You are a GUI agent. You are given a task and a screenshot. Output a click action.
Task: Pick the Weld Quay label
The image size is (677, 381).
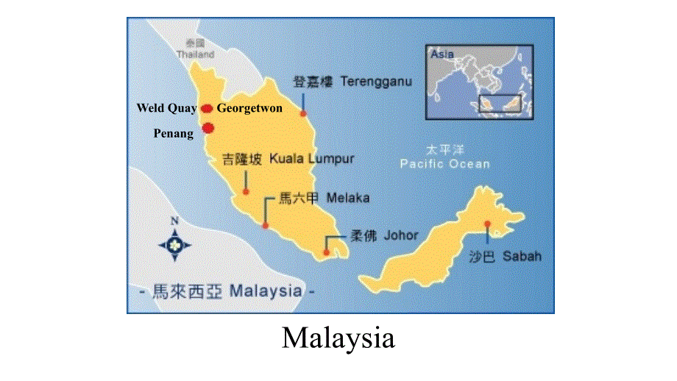(166, 108)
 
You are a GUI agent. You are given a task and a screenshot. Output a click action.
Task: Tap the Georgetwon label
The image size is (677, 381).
(249, 108)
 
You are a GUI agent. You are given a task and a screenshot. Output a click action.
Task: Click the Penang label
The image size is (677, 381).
(174, 133)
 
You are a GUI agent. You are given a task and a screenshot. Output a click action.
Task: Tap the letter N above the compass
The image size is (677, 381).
(174, 221)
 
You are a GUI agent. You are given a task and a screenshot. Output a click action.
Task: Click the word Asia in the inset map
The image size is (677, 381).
(442, 54)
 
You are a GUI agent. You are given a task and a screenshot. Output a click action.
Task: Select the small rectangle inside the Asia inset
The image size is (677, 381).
(500, 103)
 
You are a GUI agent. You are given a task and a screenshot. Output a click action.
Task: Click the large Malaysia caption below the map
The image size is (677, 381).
(338, 338)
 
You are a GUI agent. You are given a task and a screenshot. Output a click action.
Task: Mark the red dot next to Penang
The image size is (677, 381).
(208, 127)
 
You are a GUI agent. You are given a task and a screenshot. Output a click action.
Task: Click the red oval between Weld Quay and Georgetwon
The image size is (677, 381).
(207, 109)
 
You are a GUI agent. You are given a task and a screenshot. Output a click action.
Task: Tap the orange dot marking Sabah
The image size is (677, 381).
(486, 224)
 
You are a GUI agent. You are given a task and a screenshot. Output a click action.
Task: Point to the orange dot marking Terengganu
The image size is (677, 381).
(302, 113)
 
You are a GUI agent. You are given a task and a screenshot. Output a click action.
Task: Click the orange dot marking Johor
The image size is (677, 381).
(326, 252)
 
